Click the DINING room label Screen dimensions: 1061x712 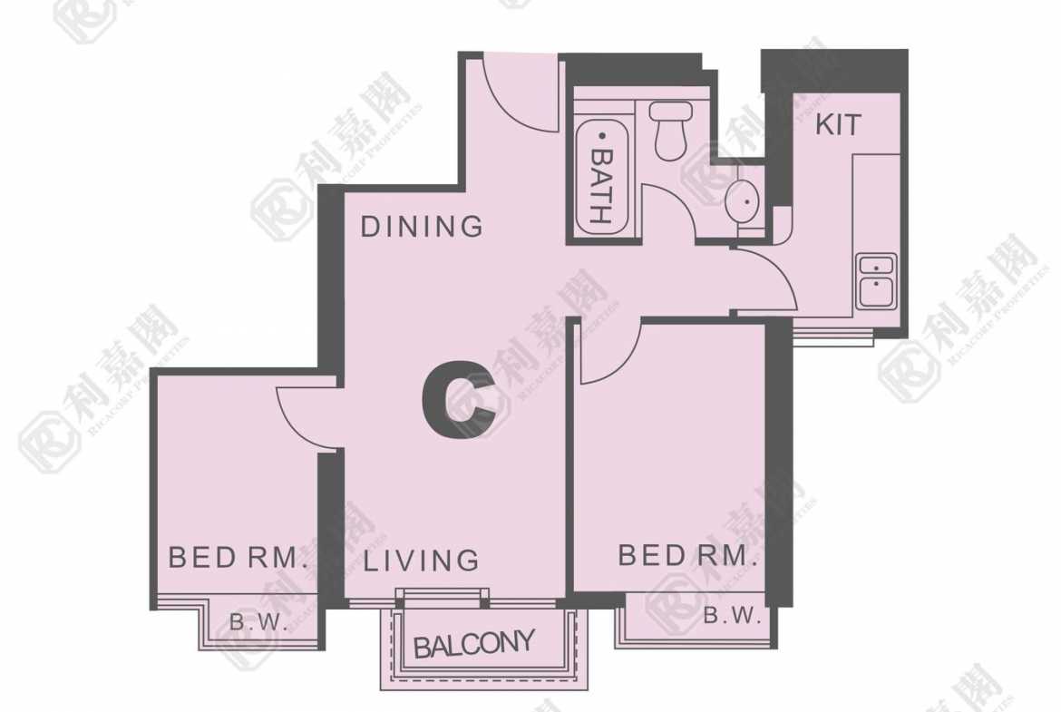click(422, 226)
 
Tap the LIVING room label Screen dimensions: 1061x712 click(422, 561)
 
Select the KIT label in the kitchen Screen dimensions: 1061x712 click(839, 125)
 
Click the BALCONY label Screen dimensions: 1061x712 click(473, 644)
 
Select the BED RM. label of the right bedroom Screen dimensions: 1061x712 click(686, 556)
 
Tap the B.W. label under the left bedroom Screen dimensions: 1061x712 click(259, 622)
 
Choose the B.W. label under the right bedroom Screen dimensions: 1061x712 click(733, 616)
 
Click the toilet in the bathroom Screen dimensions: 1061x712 click(670, 131)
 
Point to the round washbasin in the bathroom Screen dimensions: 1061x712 click(743, 201)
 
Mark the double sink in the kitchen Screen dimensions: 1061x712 click(876, 281)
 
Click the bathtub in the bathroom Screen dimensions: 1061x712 click(602, 178)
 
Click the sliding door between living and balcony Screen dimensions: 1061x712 click(442, 596)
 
